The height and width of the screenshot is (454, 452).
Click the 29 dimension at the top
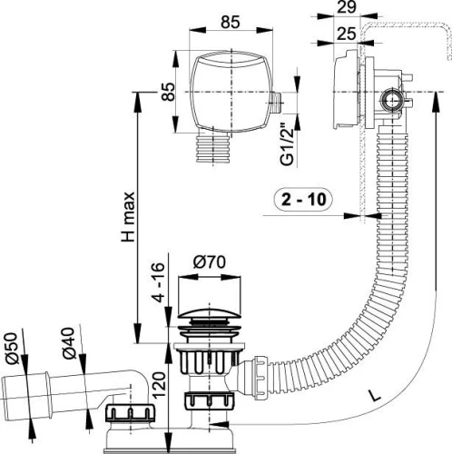347,7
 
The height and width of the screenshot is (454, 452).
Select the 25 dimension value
347,34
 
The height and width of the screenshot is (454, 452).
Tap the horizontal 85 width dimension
231,22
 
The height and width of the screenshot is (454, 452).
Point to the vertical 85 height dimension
168,92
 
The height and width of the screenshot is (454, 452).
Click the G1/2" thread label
287,143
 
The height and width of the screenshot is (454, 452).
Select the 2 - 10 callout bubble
304,200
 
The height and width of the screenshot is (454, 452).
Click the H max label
128,216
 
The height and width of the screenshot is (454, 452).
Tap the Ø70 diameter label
209,262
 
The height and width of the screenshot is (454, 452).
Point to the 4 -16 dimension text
158,282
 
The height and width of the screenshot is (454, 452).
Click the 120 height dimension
159,385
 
